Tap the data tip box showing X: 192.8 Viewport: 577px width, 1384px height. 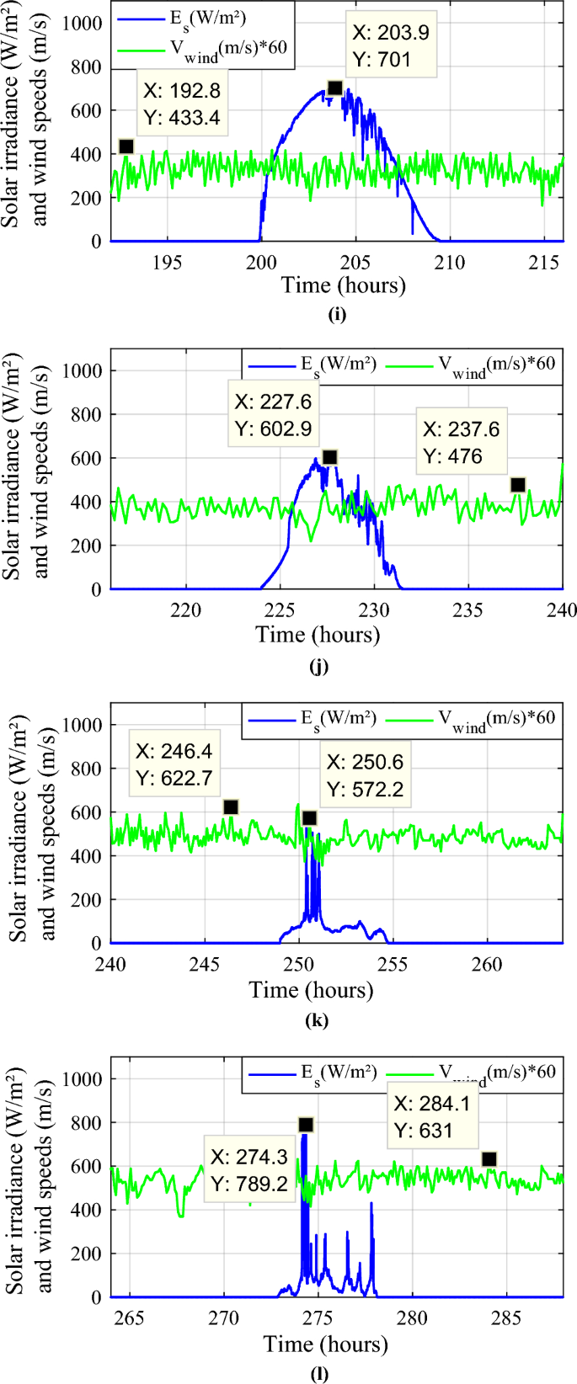[182, 105]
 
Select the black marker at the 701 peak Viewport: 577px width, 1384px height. [334, 88]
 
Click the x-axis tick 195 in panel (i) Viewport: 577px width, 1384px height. [167, 262]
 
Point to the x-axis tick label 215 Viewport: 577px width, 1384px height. [543, 262]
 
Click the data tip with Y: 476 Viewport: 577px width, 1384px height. [461, 442]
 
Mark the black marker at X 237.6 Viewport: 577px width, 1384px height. [518, 485]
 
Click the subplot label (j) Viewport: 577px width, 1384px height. [318, 666]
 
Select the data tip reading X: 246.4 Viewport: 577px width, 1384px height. [174, 764]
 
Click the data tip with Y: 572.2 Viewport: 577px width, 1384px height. [365, 775]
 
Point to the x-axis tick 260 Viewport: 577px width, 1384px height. [487, 964]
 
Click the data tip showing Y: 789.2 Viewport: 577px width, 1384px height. [248, 1170]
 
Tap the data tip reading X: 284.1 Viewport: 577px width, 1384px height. [432, 1116]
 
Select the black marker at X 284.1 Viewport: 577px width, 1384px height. [489, 1159]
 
